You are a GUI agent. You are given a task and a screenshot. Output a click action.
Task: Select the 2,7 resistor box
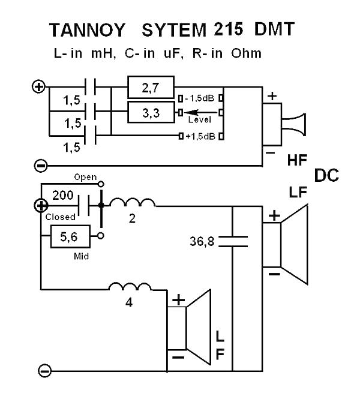(152, 88)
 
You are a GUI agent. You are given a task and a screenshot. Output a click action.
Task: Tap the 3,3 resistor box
(152, 112)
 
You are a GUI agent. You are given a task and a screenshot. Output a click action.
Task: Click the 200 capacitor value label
(62, 196)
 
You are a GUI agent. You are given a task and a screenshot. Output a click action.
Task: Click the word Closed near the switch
(60, 217)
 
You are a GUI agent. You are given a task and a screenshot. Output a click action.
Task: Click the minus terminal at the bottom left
(45, 371)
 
